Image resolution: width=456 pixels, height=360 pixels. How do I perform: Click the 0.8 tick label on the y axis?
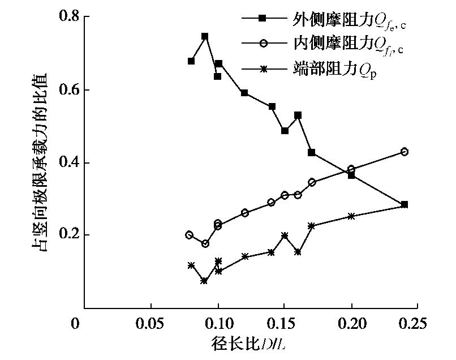click(67, 17)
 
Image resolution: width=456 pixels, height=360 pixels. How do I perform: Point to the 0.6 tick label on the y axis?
click(67, 90)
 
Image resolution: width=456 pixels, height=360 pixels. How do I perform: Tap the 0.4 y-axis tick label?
click(67, 163)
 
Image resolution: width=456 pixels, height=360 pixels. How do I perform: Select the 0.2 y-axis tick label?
click(67, 235)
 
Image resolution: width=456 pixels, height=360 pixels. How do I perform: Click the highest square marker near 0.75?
click(205, 36)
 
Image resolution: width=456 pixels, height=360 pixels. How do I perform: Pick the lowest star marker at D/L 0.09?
click(204, 281)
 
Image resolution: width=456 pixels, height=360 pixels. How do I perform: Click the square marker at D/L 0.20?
click(351, 175)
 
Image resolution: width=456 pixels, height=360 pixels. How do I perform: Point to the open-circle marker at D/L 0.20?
click(351, 169)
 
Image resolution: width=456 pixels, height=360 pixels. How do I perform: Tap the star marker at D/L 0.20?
click(351, 216)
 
